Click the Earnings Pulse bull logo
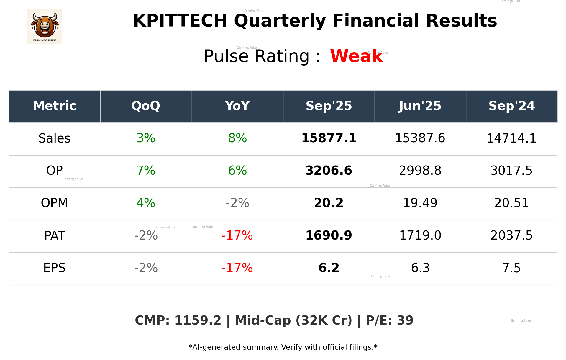click(44, 27)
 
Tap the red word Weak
click(356, 56)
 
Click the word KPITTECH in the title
click(180, 21)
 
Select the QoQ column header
click(146, 106)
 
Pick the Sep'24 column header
click(511, 106)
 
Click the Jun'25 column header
click(420, 106)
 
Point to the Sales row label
click(55, 138)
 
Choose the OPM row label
click(55, 203)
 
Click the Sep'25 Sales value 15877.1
click(329, 138)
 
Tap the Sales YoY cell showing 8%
click(237, 138)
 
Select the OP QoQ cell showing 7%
click(146, 171)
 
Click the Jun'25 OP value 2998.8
click(420, 171)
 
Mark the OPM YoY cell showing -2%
click(237, 203)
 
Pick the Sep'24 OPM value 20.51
click(511, 203)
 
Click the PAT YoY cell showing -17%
click(237, 235)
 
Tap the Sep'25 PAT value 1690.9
click(329, 235)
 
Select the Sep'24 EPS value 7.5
click(511, 268)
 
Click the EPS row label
click(55, 268)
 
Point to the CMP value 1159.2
click(198, 320)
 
